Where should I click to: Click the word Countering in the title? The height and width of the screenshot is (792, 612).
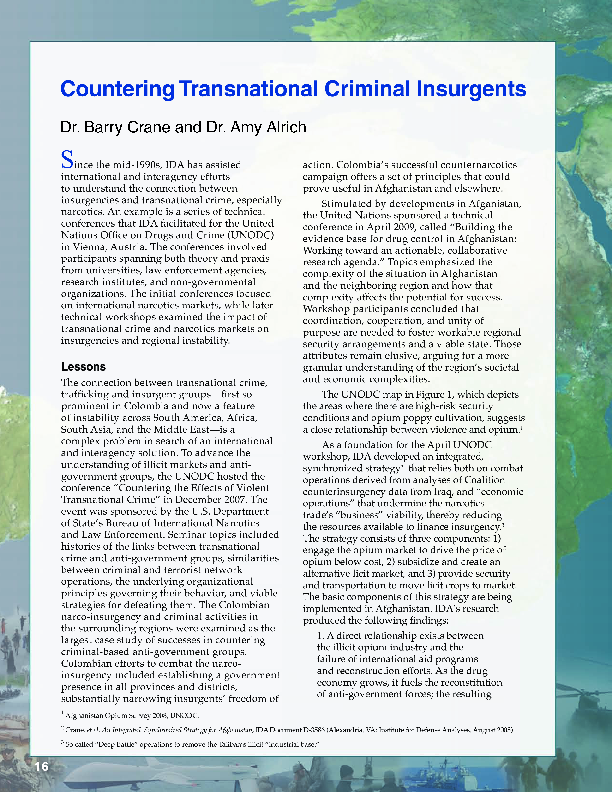pos(117,90)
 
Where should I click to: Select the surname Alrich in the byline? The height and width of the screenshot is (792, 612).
pos(286,127)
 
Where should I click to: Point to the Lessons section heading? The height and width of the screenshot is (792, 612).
pos(83,367)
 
